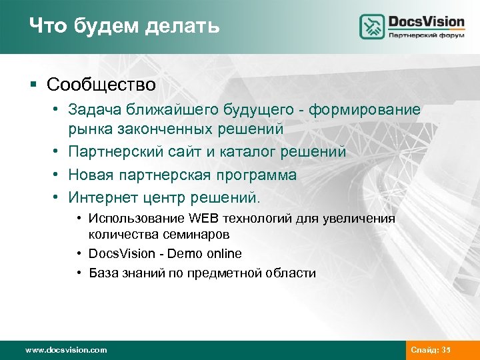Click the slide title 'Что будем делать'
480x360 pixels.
[124, 27]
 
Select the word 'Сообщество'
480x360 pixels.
[101, 85]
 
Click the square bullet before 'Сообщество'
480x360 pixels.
[33, 85]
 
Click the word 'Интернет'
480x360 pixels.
[102, 199]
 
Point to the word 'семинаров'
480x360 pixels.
[201, 234]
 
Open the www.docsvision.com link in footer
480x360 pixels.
[65, 349]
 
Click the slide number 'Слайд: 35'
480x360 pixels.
[431, 349]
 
